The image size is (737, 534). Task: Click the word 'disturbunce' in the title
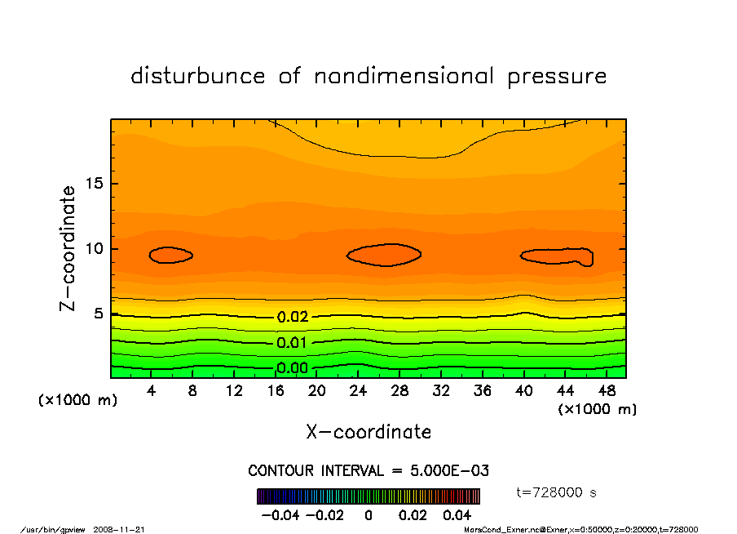click(x=198, y=76)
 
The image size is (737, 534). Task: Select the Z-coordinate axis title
click(x=68, y=248)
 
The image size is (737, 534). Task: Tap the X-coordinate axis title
click(x=368, y=432)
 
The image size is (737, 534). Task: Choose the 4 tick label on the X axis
click(x=152, y=391)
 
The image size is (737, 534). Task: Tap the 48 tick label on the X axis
click(x=606, y=391)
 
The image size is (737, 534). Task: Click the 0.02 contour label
click(x=292, y=317)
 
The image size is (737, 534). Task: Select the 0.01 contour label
click(x=292, y=342)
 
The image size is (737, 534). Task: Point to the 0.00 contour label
click(x=292, y=368)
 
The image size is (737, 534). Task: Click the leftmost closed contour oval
click(x=170, y=255)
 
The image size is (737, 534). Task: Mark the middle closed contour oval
click(x=384, y=255)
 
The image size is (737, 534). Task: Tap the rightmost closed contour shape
click(x=557, y=256)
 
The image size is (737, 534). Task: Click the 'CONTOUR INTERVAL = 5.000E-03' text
click(x=368, y=471)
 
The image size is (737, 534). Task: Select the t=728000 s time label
click(x=557, y=492)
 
